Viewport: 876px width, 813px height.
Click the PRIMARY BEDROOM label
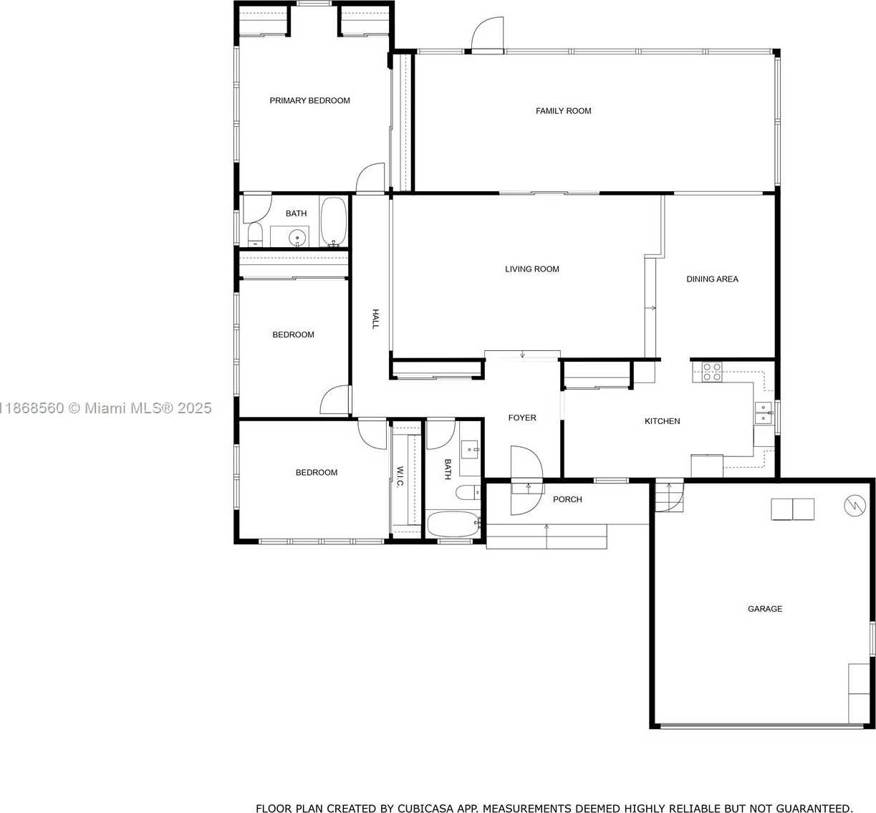(x=309, y=101)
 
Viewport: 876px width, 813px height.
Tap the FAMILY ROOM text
(x=563, y=111)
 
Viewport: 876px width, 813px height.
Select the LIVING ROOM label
(x=531, y=269)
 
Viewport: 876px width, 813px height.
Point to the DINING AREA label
(x=712, y=279)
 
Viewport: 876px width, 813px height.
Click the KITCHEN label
(x=662, y=421)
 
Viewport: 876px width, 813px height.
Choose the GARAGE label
(x=764, y=609)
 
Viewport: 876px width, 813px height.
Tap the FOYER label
(x=522, y=418)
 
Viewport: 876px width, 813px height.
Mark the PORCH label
(x=567, y=499)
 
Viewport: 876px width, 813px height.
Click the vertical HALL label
(x=375, y=319)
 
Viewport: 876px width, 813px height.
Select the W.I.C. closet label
(x=400, y=476)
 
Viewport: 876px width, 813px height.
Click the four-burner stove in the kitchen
(x=712, y=372)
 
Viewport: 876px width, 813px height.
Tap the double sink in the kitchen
(x=764, y=413)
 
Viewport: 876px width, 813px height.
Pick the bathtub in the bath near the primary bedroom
(x=333, y=221)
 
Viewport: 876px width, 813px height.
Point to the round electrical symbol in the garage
(x=855, y=506)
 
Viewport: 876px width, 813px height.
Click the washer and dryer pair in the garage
(x=792, y=509)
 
